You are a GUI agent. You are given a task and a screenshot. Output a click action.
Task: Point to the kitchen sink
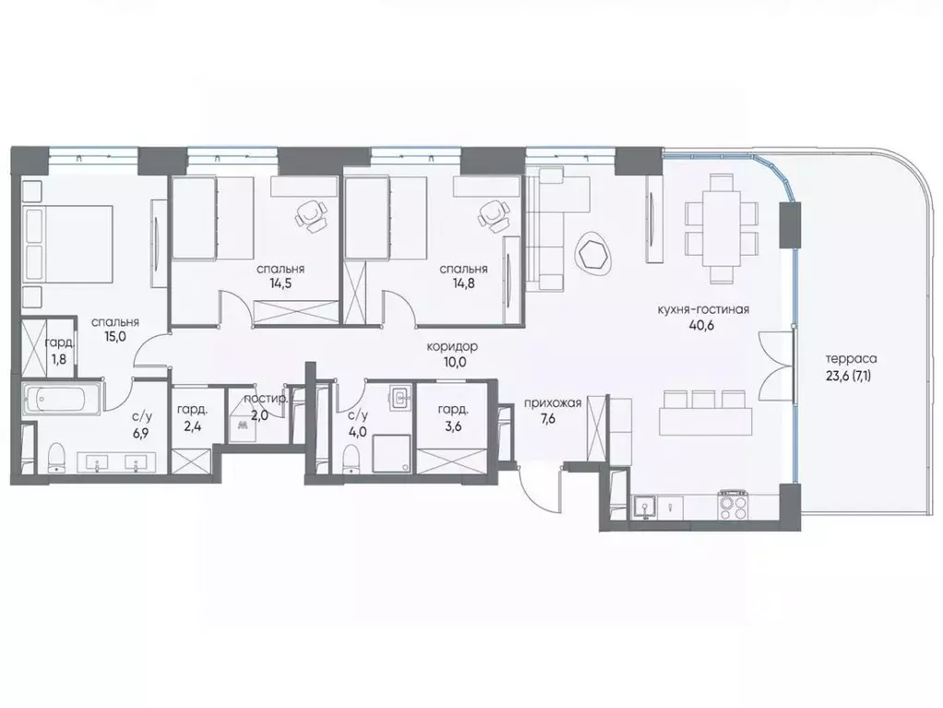(x=644, y=506)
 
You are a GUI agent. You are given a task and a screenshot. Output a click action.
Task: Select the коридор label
(x=452, y=346)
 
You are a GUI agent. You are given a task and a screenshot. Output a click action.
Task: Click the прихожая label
(x=552, y=402)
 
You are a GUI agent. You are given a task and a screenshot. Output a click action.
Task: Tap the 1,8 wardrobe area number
(x=57, y=358)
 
